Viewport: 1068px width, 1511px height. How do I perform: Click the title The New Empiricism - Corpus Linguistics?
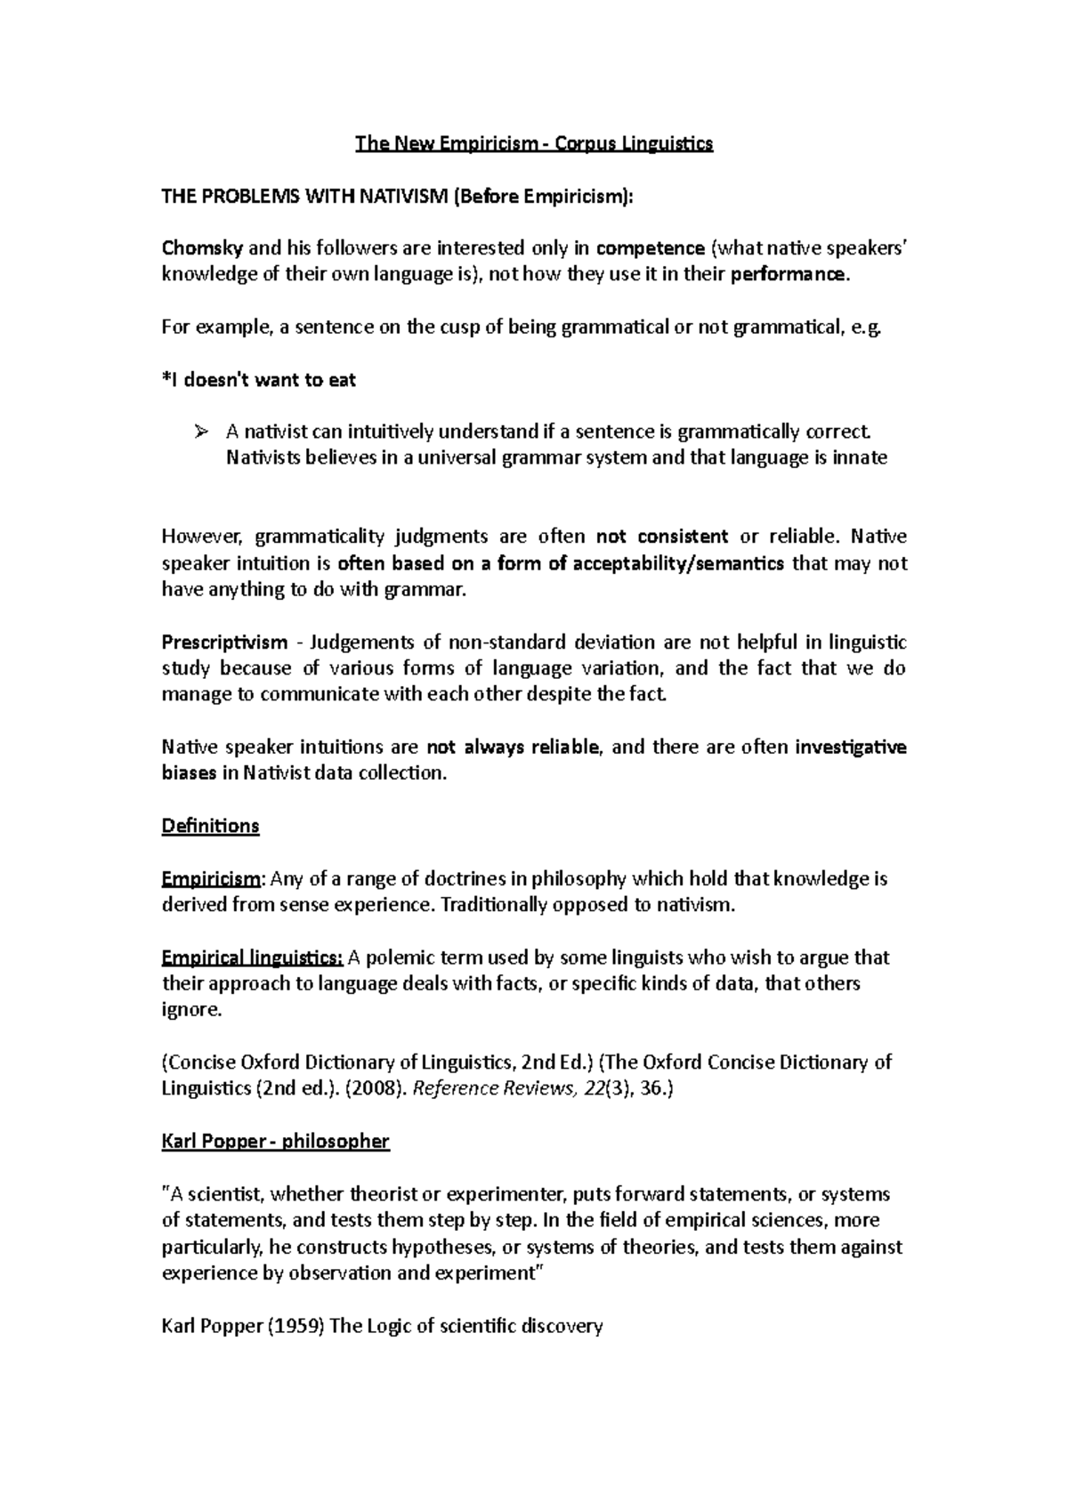click(534, 143)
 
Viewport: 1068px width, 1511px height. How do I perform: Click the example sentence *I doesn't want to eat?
click(258, 380)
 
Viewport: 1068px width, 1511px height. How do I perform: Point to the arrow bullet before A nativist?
click(199, 432)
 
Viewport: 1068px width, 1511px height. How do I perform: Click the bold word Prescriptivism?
click(224, 642)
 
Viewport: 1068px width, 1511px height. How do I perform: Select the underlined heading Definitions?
click(210, 826)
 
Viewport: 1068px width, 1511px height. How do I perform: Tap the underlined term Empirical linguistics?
click(252, 958)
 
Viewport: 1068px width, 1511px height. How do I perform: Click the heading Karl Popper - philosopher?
click(275, 1141)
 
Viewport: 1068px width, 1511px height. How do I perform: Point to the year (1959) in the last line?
click(297, 1326)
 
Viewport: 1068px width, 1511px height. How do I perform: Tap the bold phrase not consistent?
click(661, 537)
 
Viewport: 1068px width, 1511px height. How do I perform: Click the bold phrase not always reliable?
click(515, 747)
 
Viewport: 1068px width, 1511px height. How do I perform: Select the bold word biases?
click(188, 773)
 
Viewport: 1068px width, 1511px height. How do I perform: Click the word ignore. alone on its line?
click(190, 1010)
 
